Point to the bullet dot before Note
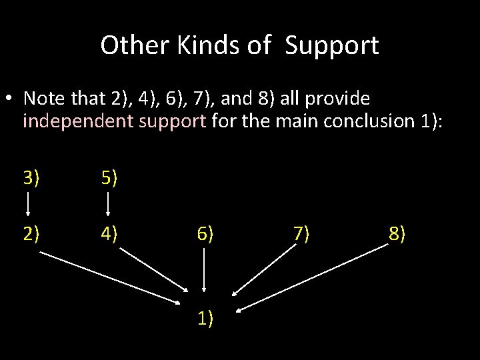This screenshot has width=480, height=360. point(10,99)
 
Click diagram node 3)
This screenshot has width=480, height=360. point(31,178)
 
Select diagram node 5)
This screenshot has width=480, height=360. point(109,178)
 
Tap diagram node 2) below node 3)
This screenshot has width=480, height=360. point(31,234)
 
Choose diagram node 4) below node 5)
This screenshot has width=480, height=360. point(109,234)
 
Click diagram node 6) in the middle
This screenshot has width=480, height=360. point(205,234)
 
